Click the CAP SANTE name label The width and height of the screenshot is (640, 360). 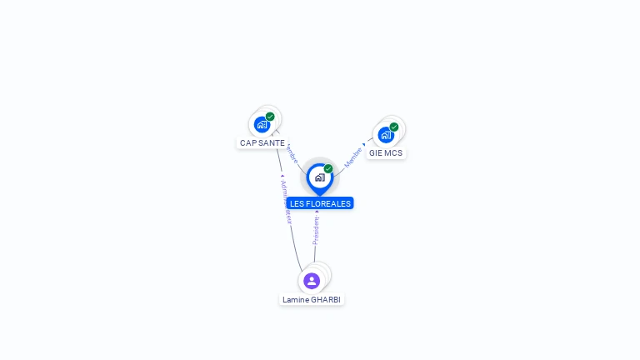pyautogui.click(x=262, y=142)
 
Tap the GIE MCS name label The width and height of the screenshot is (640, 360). pyautogui.click(x=386, y=153)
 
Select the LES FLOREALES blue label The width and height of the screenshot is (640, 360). pyautogui.click(x=320, y=203)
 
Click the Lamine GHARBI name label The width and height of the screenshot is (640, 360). pyautogui.click(x=312, y=299)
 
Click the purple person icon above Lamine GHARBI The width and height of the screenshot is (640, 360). pyautogui.click(x=312, y=281)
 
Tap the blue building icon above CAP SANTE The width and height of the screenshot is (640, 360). pyautogui.click(x=262, y=125)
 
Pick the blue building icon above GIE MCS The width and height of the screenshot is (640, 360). pyautogui.click(x=385, y=135)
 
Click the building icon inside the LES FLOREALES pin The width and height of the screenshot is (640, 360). pyautogui.click(x=319, y=177)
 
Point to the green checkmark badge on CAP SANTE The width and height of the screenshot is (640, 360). pyautogui.click(x=270, y=117)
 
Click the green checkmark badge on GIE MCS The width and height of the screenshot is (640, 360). pyautogui.click(x=394, y=127)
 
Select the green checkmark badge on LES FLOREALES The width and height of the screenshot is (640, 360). pyautogui.click(x=328, y=168)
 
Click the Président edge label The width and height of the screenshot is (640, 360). pyautogui.click(x=316, y=231)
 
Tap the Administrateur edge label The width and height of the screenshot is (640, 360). pyautogui.click(x=286, y=201)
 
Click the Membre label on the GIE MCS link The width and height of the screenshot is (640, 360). pyautogui.click(x=353, y=157)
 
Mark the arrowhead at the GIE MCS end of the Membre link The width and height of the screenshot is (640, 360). pyautogui.click(x=364, y=145)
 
